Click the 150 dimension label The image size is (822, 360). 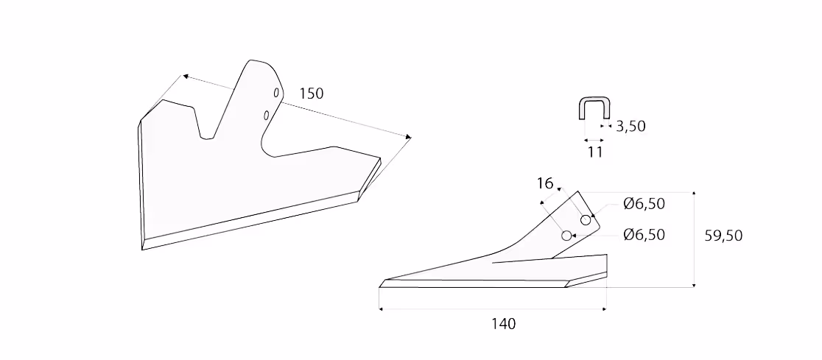point(312,93)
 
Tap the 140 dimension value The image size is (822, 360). point(503,324)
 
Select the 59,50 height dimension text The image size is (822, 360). point(723,236)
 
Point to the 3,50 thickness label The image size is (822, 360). point(630,127)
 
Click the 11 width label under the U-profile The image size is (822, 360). point(595,152)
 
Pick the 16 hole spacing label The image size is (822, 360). point(545,183)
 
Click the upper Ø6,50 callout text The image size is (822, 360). point(644,204)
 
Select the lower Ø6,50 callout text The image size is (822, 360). point(644,235)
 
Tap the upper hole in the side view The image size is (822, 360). point(586,220)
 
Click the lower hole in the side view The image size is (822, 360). point(566,236)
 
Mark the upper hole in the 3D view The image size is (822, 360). point(275,93)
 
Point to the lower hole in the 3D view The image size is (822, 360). point(267,115)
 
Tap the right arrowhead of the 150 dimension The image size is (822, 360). point(408,136)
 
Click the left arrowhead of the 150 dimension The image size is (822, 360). point(186,77)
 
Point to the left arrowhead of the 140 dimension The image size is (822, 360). point(381,309)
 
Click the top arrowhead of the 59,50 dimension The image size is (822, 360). point(694,194)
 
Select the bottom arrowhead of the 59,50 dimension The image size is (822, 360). point(694,285)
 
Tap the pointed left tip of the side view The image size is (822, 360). point(379,287)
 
